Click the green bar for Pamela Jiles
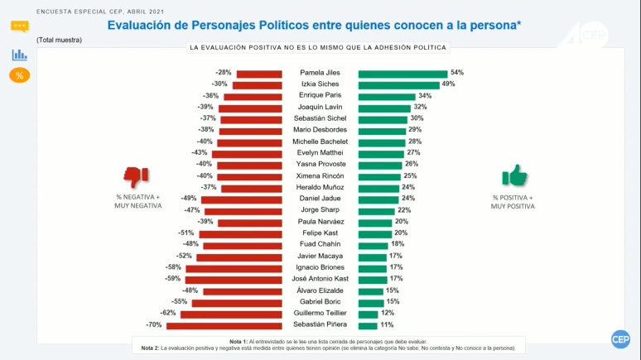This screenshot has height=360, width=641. point(402,73)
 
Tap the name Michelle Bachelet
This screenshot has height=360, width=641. point(320,142)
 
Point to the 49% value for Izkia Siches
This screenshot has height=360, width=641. point(449,84)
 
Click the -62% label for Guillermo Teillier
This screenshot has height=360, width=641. point(169,314)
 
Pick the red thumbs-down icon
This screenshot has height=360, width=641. point(136,176)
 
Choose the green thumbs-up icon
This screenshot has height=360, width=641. point(514,175)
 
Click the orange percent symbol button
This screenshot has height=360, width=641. point(20,75)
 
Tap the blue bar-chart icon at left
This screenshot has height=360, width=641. point(20,55)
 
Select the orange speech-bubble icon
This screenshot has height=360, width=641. point(20,26)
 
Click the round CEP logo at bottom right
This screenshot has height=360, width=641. point(620,339)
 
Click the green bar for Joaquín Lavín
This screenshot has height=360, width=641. point(384,107)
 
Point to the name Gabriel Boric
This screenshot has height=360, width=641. point(320,302)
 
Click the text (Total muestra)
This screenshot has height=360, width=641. point(59,40)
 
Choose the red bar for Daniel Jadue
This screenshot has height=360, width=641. point(234,199)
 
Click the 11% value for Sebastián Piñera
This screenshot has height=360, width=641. point(387,325)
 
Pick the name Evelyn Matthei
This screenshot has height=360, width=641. point(320,153)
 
